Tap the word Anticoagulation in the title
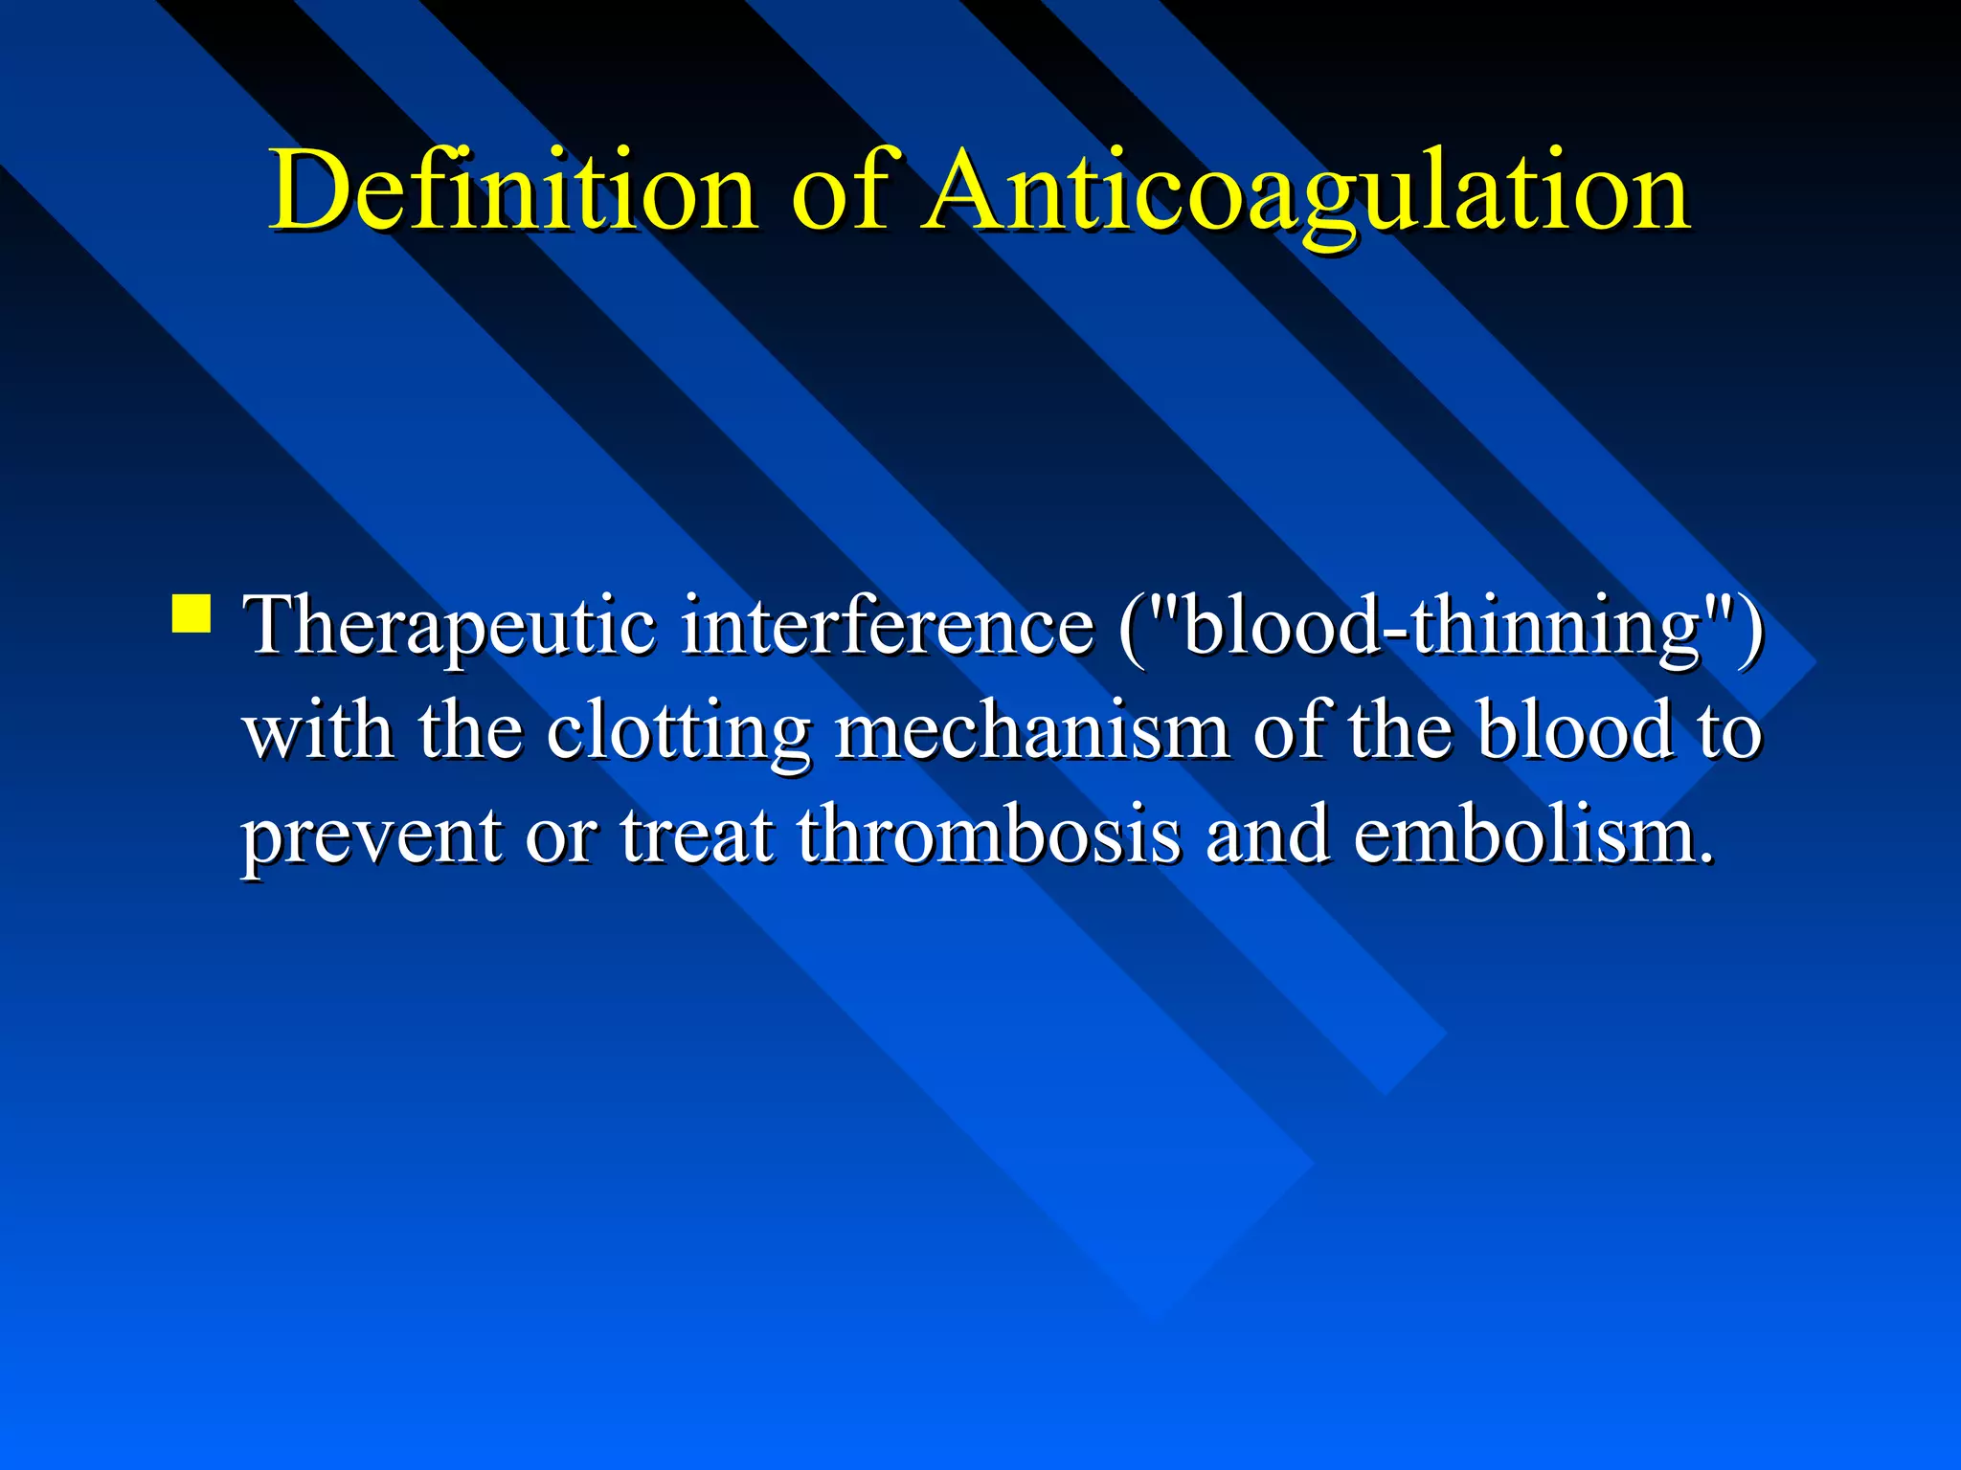point(1306,190)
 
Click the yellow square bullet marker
point(192,613)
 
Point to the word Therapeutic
point(451,627)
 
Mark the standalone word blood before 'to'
point(1574,732)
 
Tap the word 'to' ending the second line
point(1729,732)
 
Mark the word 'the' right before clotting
point(470,732)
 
